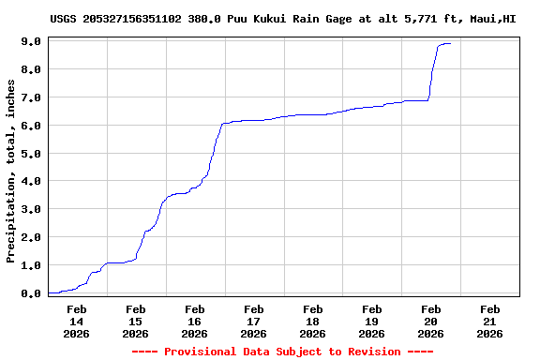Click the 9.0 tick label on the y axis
(x=30, y=41)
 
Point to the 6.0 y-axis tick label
(x=30, y=126)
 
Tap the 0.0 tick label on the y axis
(x=30, y=293)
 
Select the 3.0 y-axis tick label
(x=30, y=209)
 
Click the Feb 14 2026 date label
(x=77, y=321)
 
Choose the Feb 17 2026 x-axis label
(x=253, y=321)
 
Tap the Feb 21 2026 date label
(x=489, y=321)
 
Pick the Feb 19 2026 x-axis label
(x=371, y=321)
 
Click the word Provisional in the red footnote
(x=202, y=352)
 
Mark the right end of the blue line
(x=451, y=43)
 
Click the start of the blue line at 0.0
(x=49, y=293)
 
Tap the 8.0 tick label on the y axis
(x=30, y=69)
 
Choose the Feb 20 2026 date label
(x=430, y=321)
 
